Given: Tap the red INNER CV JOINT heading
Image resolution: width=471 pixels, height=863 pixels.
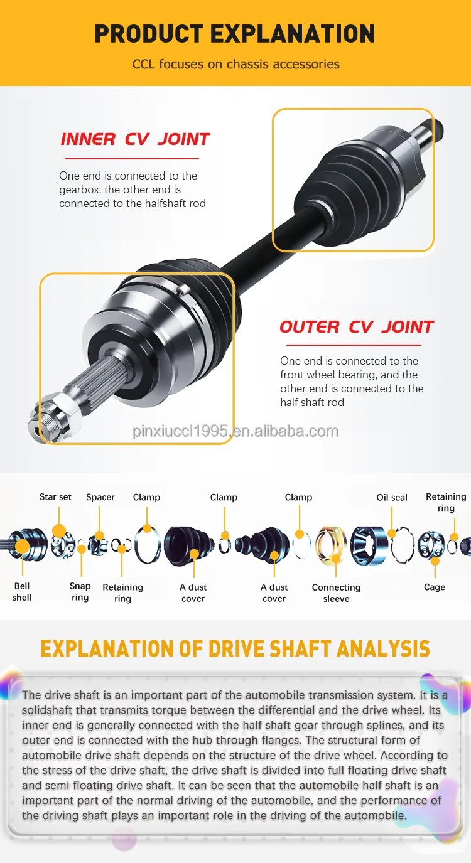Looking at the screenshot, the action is tap(135, 139).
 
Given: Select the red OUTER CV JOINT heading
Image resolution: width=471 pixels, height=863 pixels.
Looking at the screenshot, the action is tap(356, 327).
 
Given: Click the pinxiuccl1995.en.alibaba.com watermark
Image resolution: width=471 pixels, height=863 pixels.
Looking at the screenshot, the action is tap(235, 431).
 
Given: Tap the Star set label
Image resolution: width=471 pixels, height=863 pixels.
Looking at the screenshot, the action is tap(55, 497).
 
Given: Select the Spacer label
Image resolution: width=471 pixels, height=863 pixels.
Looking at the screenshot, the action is tap(100, 497).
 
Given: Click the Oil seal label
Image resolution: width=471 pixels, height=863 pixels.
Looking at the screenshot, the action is tap(392, 497).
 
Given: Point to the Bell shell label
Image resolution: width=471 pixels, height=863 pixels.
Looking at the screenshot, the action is tap(22, 592).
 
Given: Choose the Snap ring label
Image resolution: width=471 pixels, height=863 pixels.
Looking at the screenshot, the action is tap(80, 592).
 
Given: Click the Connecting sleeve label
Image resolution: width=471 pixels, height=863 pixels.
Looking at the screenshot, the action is tap(337, 593).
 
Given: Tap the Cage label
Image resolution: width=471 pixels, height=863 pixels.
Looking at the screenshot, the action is tap(435, 587).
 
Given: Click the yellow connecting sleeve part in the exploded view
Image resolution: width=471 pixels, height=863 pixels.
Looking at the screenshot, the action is tap(331, 542).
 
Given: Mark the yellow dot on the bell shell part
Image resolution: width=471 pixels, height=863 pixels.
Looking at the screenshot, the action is tap(22, 546).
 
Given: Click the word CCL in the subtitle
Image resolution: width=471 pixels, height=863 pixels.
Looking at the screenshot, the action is tap(143, 64).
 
